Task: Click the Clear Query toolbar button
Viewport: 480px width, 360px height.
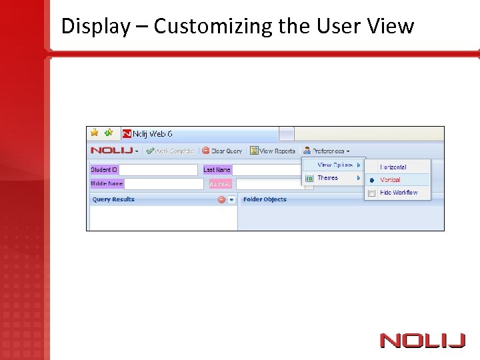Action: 222,151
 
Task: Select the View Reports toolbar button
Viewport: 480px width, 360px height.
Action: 273,151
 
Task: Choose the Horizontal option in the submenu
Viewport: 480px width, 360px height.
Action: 393,167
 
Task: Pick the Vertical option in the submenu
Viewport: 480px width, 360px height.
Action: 390,180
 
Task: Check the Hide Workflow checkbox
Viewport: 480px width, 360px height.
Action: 371,193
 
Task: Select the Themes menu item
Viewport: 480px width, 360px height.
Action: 328,178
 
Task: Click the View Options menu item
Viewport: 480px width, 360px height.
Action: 335,165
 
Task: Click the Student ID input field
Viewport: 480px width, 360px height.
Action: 158,170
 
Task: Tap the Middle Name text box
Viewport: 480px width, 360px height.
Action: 163,183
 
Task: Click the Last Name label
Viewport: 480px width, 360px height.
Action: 217,170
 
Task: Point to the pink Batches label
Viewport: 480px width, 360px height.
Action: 220,183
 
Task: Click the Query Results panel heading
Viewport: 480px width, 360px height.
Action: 113,199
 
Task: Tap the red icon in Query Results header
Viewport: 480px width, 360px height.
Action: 221,199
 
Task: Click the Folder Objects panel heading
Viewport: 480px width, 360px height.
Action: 265,199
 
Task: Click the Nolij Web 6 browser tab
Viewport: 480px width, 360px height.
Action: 153,134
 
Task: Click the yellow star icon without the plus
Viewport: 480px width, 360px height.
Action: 95,133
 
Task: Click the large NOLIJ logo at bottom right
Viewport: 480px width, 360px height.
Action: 422,341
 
